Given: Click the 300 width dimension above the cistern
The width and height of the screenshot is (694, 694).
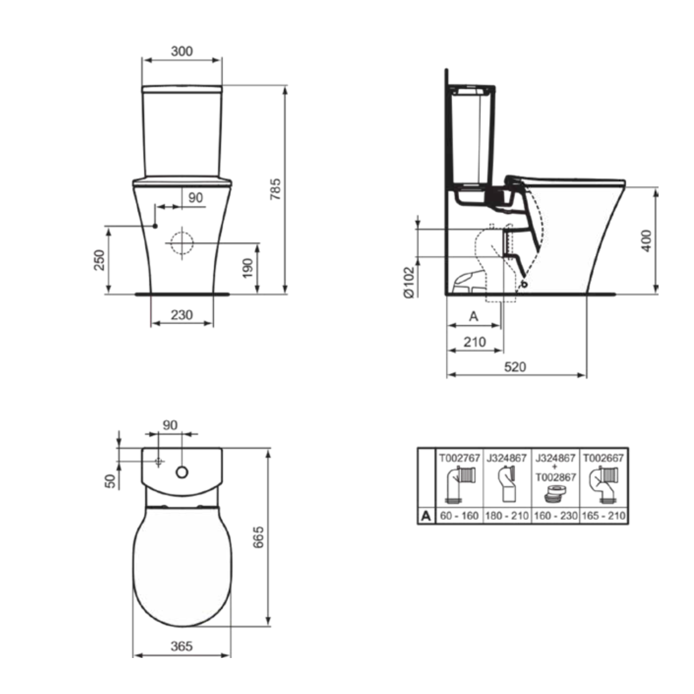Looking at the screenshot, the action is click(181, 51).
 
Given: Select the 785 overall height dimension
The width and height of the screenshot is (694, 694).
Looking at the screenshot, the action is click(276, 189).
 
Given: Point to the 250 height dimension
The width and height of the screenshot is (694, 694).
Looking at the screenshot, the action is click(99, 260).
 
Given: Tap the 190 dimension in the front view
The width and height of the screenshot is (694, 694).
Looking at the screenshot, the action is click(248, 268).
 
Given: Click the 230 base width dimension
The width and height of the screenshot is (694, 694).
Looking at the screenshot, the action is click(181, 315).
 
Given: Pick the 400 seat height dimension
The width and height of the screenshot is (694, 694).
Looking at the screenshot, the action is click(647, 241).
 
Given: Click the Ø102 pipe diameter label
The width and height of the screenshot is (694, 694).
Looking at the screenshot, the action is click(409, 282).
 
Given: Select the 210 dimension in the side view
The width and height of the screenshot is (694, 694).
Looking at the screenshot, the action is click(474, 342).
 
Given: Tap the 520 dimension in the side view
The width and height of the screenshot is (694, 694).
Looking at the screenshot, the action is click(515, 367).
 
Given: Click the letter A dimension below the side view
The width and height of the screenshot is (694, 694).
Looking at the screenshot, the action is click(473, 316).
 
